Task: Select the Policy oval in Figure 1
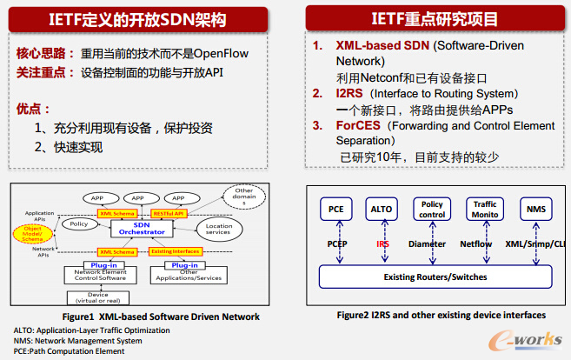pos(77,224)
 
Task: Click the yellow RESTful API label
pos(169,212)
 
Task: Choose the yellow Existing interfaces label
pos(173,251)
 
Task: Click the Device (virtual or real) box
pos(103,297)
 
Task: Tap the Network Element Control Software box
pos(103,272)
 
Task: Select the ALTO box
pos(382,210)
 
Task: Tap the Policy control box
pos(432,210)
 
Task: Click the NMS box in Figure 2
pos(535,210)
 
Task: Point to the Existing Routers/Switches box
pos(435,277)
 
